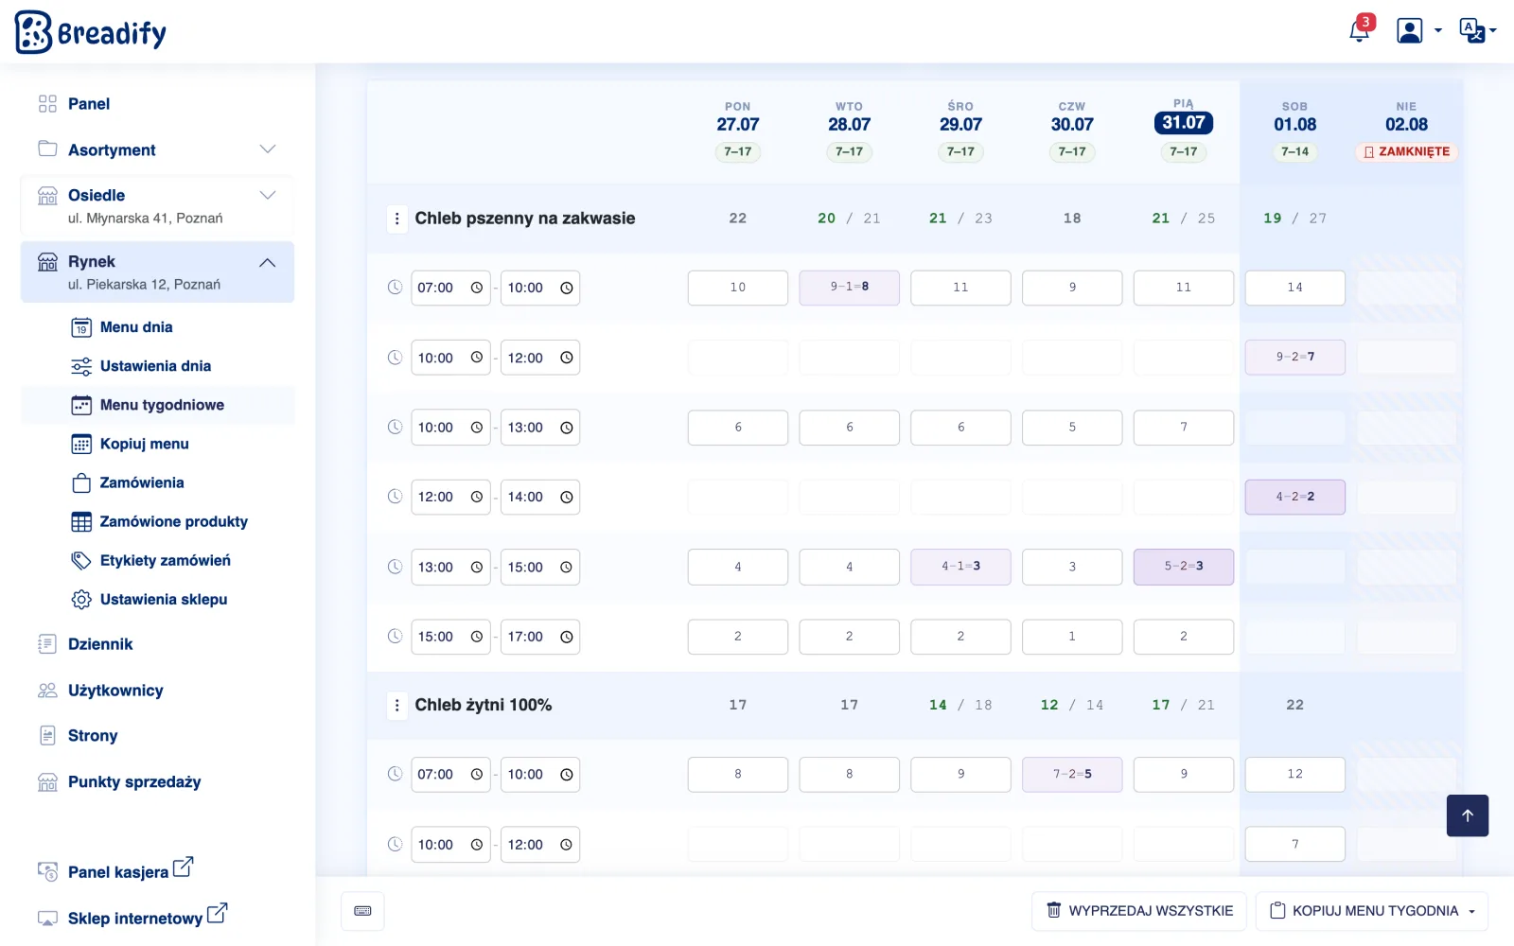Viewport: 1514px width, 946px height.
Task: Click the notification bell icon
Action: coord(1359,31)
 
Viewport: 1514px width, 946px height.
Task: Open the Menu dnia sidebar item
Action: coord(136,327)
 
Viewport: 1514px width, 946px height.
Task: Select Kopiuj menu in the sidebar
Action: coord(144,444)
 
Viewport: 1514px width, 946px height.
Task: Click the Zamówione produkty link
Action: coord(174,521)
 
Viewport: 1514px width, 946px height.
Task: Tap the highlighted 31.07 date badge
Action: coord(1184,123)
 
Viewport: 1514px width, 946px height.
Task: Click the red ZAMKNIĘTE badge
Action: coord(1406,152)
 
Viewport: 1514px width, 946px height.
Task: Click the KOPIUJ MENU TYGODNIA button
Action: coord(1372,911)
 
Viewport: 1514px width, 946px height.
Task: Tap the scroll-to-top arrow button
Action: coord(1468,815)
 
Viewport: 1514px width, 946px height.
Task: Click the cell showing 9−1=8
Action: coord(849,288)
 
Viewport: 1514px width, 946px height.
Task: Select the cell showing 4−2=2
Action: coord(1295,497)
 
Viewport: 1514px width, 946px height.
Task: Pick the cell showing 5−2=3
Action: coord(1184,567)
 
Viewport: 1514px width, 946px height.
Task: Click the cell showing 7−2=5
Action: coord(1072,774)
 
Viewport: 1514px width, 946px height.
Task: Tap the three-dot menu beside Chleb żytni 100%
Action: coord(396,706)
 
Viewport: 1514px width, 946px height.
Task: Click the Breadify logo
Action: coord(91,32)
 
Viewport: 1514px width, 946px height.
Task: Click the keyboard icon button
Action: coord(363,911)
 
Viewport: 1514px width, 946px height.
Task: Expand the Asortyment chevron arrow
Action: coord(268,149)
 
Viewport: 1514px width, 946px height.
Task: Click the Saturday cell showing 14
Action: coord(1295,288)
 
